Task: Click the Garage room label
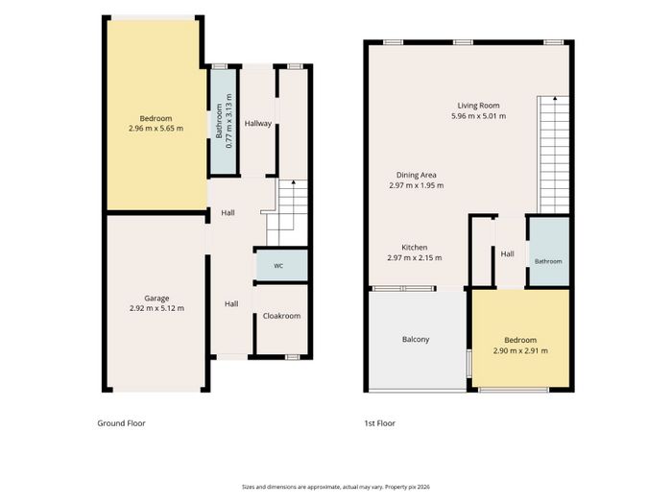click(156, 299)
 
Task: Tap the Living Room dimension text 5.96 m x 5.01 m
click(478, 116)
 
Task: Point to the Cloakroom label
click(281, 316)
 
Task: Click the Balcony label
click(416, 340)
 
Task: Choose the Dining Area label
click(416, 175)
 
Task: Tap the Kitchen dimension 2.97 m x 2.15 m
click(415, 258)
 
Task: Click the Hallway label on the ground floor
click(258, 124)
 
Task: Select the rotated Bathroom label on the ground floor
click(219, 121)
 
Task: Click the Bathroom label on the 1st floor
click(548, 261)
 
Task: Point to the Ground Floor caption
click(121, 423)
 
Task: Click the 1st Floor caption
click(380, 423)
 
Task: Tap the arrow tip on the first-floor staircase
click(555, 98)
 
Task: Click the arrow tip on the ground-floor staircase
click(294, 181)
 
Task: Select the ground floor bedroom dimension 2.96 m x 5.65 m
click(156, 128)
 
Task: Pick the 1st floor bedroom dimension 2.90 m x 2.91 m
click(520, 350)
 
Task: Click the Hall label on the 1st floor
click(508, 254)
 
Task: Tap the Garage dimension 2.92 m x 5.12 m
click(156, 308)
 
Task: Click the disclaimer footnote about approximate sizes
click(336, 487)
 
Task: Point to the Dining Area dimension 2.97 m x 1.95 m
click(416, 185)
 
